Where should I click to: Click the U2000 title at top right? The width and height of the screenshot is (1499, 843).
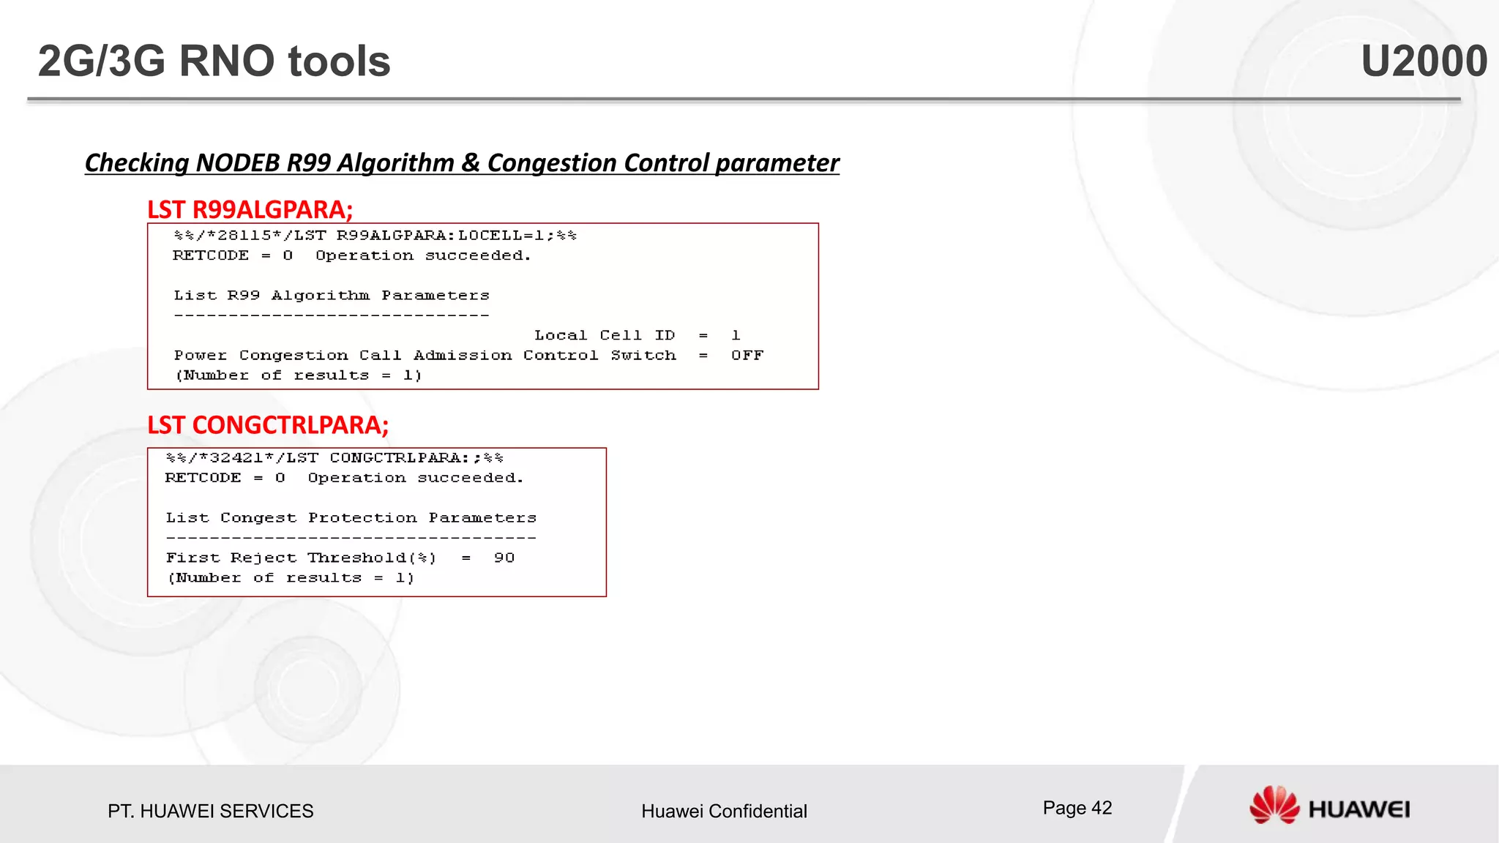click(1423, 61)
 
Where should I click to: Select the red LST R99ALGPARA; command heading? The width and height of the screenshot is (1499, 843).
click(250, 209)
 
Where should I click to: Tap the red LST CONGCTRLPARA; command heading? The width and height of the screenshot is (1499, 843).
click(268, 424)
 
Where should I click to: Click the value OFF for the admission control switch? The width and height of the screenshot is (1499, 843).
click(747, 356)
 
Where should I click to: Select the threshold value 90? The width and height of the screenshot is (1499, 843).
click(504, 558)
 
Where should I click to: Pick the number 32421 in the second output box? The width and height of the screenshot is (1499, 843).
click(236, 458)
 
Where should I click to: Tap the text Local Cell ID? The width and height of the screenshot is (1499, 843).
click(604, 335)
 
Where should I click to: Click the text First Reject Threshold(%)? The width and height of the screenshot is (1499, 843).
click(301, 558)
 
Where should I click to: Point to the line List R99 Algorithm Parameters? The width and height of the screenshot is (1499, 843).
click(331, 296)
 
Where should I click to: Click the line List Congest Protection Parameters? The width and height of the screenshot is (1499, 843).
click(351, 518)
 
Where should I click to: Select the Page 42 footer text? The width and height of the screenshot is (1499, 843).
click(1077, 808)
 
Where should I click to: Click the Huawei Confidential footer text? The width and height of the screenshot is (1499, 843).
click(724, 811)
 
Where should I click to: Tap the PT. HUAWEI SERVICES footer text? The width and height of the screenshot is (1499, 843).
click(210, 811)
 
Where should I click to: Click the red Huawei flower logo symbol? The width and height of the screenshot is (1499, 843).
click(1274, 805)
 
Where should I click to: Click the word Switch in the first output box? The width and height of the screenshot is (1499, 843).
click(643, 356)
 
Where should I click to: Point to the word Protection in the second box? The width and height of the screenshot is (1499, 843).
click(362, 518)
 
